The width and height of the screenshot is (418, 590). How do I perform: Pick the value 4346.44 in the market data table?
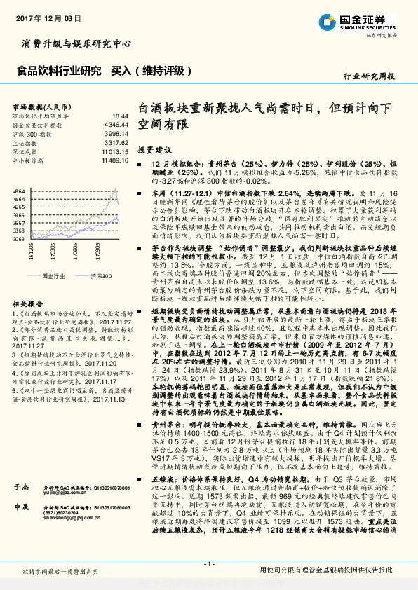point(117,124)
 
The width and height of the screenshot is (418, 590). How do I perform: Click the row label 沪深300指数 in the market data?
point(31,133)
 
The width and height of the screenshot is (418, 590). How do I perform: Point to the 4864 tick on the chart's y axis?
point(20,191)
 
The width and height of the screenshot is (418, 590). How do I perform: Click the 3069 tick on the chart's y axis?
point(20,239)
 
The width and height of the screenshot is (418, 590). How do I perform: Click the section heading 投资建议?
point(154,150)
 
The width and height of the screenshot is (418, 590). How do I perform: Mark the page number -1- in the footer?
point(208,564)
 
